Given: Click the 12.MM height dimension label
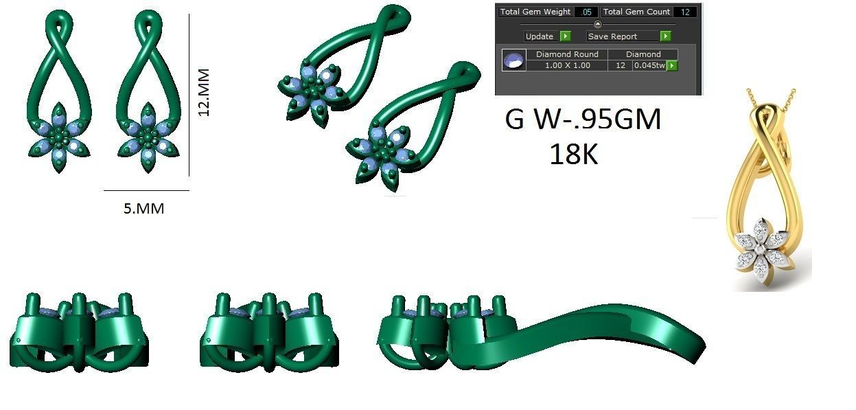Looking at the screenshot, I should point(204,91).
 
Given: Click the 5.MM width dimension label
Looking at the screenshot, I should point(143,208).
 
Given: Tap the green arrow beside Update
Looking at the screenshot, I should point(565,36).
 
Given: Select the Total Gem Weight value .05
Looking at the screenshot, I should point(587,12).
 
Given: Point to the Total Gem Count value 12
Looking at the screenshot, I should point(684,12).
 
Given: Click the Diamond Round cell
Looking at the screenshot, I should point(567,54).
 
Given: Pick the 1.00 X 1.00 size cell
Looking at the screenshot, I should point(567,65).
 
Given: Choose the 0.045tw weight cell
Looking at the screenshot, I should point(649,65).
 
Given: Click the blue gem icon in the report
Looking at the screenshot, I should point(513,60).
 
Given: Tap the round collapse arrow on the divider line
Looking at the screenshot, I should point(597,24).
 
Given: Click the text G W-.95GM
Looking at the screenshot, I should point(583,120).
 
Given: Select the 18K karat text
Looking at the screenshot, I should point(574,155).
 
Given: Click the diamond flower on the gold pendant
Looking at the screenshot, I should point(761,251).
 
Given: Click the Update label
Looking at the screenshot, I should point(540,36).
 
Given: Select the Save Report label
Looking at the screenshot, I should point(612,36).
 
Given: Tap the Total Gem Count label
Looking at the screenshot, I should point(636,12).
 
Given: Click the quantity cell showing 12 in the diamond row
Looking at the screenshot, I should point(621,65).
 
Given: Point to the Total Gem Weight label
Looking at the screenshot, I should point(535,12).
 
